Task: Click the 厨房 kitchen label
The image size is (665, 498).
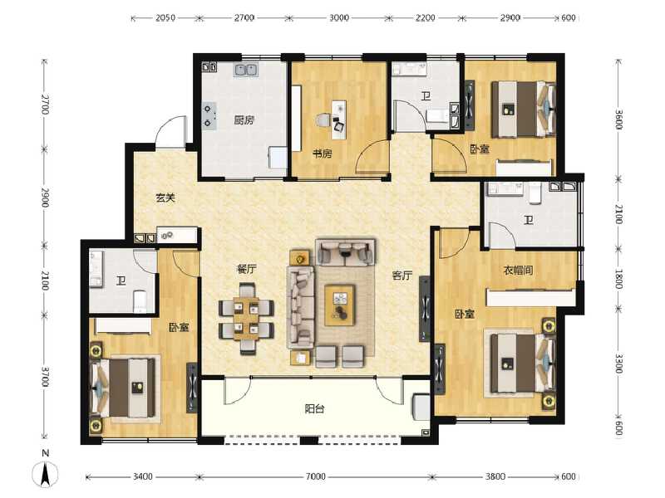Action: pyautogui.click(x=243, y=120)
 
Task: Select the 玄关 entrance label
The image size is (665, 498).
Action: pyautogui.click(x=165, y=198)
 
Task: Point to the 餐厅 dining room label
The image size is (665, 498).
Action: pyautogui.click(x=245, y=269)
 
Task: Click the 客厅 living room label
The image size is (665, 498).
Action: pyautogui.click(x=402, y=276)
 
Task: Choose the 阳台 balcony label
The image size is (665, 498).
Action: pyautogui.click(x=314, y=408)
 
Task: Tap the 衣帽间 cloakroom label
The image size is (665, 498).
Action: pyautogui.click(x=517, y=270)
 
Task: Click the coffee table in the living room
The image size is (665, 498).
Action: pyautogui.click(x=340, y=302)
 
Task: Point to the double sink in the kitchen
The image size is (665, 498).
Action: pyautogui.click(x=248, y=71)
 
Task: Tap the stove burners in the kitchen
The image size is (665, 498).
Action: pyautogui.click(x=208, y=115)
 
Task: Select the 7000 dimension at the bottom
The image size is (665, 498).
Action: pyautogui.click(x=314, y=476)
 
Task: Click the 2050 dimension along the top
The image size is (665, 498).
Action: pyautogui.click(x=165, y=17)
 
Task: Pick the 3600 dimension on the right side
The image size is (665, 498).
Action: pyautogui.click(x=618, y=122)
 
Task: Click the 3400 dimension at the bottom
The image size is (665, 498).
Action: pyautogui.click(x=143, y=476)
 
